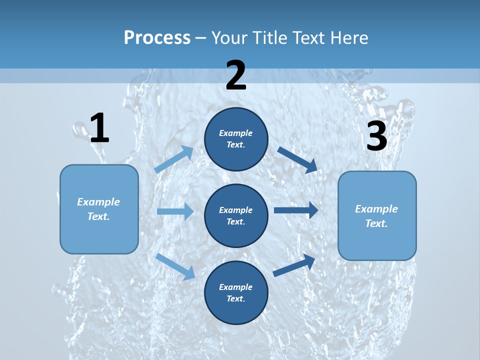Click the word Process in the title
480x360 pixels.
tap(157, 38)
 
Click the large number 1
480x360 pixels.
tap(99, 128)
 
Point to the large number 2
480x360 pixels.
tap(236, 76)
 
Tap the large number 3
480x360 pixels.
tap(377, 136)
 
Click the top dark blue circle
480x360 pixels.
tap(236, 139)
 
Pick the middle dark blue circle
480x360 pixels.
tap(236, 216)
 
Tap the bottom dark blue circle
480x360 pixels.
tap(236, 293)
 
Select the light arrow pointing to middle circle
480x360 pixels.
tap(175, 211)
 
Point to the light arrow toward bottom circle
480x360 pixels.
tap(175, 266)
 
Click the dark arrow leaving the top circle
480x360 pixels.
tap(297, 159)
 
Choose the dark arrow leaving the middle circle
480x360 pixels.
tap(295, 210)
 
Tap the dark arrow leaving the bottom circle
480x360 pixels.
tap(294, 265)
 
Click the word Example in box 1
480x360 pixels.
tap(98, 202)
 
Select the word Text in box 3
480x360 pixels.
tap(376, 223)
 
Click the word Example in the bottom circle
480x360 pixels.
tap(236, 287)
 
